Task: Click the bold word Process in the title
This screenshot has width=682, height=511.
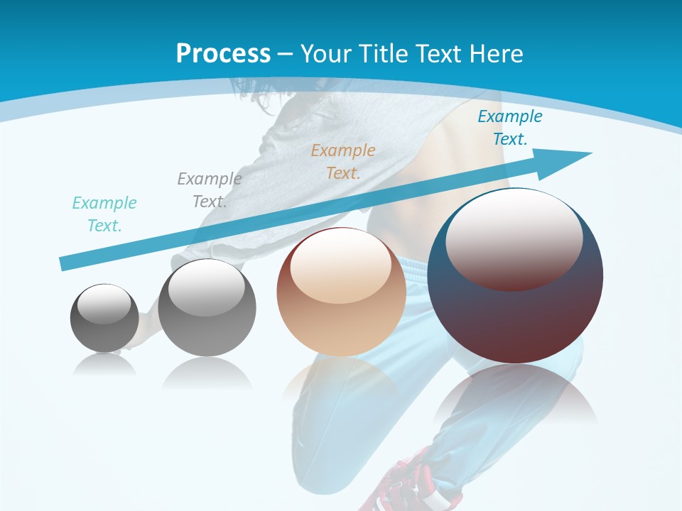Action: click(223, 53)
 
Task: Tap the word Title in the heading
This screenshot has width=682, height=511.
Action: click(381, 53)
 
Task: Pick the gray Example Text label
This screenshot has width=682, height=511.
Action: click(209, 190)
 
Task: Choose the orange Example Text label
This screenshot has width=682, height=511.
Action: click(343, 162)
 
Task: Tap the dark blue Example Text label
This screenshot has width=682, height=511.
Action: click(509, 128)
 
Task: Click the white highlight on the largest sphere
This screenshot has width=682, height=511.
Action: click(514, 238)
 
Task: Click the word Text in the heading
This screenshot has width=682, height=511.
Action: click(439, 53)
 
